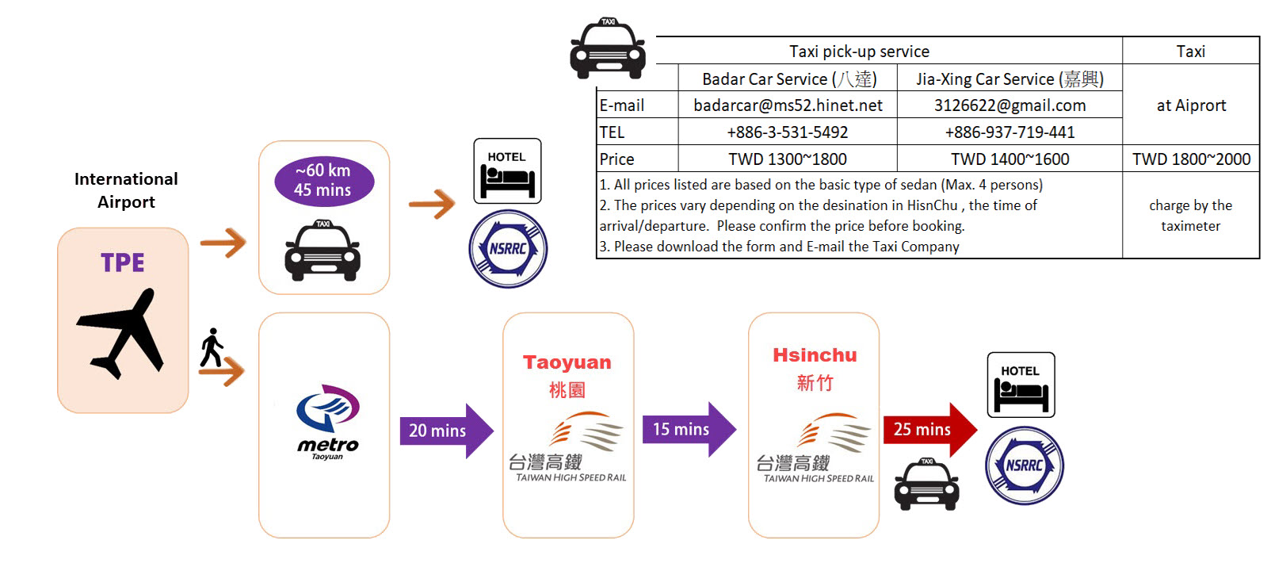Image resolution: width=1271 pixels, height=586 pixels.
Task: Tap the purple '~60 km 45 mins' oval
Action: (x=323, y=181)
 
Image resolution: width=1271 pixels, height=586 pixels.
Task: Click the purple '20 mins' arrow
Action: (x=445, y=431)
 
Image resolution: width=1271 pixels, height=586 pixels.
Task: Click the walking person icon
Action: (x=211, y=348)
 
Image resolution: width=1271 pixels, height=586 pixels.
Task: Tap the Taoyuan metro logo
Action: (x=327, y=420)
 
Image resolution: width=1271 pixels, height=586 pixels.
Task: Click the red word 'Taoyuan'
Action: (x=567, y=362)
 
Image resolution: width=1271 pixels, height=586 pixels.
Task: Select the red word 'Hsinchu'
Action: (x=815, y=355)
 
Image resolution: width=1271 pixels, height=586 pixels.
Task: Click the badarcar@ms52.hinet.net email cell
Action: (x=788, y=105)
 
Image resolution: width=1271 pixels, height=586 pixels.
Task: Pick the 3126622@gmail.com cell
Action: (x=1010, y=105)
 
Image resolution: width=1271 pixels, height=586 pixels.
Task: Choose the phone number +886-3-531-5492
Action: (x=788, y=132)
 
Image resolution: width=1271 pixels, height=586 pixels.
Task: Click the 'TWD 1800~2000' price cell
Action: (x=1191, y=159)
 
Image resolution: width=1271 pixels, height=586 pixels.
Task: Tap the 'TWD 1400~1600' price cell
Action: (x=1010, y=159)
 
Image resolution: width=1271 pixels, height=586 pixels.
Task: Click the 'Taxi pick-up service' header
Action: (x=859, y=52)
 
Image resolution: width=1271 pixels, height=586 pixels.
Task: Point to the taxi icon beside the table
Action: (x=608, y=49)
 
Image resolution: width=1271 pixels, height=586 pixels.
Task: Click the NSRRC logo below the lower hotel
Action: (x=1025, y=465)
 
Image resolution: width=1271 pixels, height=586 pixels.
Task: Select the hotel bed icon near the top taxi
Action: (x=507, y=171)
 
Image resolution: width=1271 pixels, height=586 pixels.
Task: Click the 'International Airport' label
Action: (x=126, y=190)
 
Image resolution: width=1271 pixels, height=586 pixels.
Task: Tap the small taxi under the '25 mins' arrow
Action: (x=926, y=484)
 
